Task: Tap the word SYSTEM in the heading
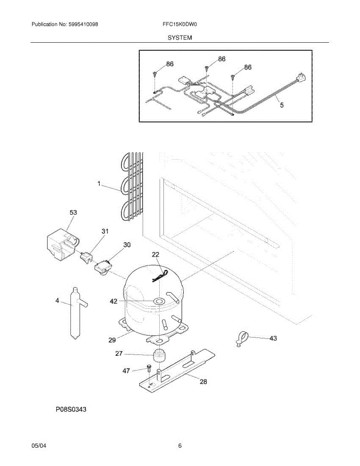pyautogui.click(x=180, y=38)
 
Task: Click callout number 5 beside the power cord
pyautogui.click(x=282, y=105)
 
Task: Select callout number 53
pyautogui.click(x=73, y=212)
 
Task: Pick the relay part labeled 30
pyautogui.click(x=103, y=268)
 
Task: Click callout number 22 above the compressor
pyautogui.click(x=155, y=255)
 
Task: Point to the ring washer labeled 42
pyautogui.click(x=159, y=301)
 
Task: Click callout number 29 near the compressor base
pyautogui.click(x=112, y=340)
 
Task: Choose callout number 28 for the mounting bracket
pyautogui.click(x=203, y=381)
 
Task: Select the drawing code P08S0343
pyautogui.click(x=71, y=409)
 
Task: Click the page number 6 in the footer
pyautogui.click(x=180, y=446)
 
